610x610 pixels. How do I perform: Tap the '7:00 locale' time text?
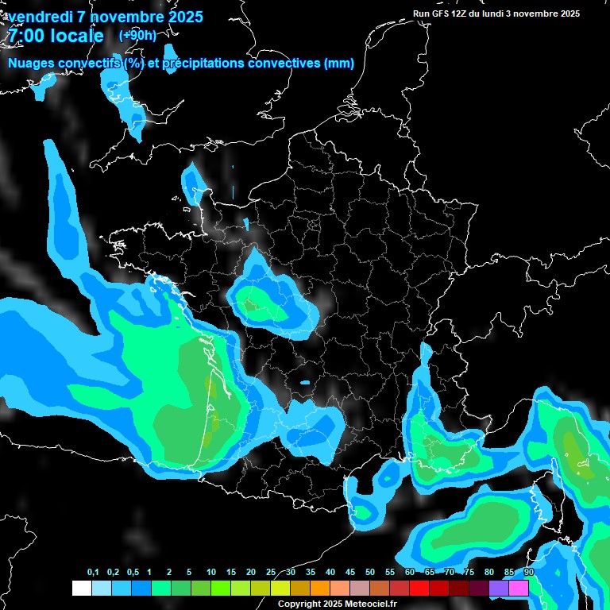[56, 36]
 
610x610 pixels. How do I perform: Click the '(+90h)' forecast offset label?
[137, 35]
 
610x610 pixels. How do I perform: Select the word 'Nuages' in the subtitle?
[31, 64]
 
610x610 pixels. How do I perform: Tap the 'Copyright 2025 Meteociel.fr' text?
[337, 604]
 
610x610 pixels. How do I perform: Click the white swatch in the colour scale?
[81, 588]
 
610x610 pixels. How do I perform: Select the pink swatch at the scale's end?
[519, 588]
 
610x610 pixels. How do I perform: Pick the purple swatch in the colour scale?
[499, 588]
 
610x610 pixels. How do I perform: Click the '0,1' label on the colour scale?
[92, 573]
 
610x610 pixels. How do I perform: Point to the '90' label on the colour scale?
[529, 573]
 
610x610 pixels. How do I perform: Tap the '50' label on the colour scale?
[370, 573]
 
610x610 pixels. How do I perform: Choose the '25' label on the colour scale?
[271, 573]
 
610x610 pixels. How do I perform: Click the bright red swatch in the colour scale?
[419, 588]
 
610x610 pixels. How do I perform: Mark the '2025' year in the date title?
[181, 17]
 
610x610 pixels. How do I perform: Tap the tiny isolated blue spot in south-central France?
[305, 383]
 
